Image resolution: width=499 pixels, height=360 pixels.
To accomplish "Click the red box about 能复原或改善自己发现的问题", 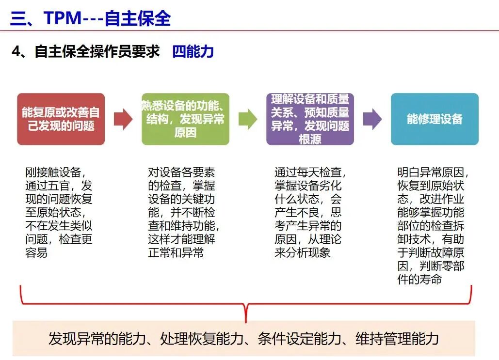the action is click(61, 119).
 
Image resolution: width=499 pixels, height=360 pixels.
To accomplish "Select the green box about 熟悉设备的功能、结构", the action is click(186, 119).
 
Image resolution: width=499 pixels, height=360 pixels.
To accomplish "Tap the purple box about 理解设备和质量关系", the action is click(310, 119).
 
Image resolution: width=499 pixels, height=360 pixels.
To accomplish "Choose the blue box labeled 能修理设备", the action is click(435, 119).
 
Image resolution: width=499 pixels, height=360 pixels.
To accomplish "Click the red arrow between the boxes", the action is click(123, 119).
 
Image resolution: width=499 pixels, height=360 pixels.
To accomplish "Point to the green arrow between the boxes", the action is click(248, 119).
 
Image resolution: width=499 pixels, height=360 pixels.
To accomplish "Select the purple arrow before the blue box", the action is click(372, 119).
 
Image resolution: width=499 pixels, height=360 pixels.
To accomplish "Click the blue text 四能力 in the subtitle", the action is click(193, 51).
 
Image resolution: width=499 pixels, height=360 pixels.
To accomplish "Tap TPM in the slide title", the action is click(63, 17).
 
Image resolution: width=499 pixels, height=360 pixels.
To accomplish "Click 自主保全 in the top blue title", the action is click(138, 18).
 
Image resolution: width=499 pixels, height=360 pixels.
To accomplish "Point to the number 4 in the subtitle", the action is click(16, 51).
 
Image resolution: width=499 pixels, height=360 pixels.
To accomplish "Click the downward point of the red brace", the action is click(246, 322).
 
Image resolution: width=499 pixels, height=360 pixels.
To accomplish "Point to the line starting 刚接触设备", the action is click(55, 172).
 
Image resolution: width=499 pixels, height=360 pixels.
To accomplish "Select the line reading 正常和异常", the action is click(176, 252).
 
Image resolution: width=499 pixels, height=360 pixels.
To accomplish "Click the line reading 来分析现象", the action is click(302, 252).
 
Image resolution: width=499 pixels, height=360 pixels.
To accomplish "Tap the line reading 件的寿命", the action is click(419, 279).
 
